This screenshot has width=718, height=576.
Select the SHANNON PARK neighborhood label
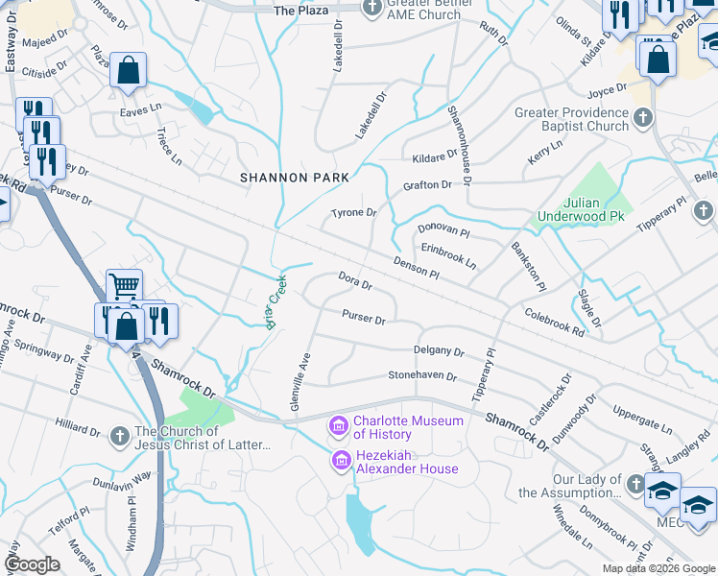point(295,178)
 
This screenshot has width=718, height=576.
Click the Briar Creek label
point(276,303)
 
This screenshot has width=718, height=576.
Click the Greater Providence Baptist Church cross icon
point(643,118)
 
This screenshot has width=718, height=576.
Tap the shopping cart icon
point(124,285)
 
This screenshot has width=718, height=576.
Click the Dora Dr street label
point(355,281)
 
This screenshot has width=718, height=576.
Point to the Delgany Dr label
point(439,351)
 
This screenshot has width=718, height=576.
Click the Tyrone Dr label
point(353,212)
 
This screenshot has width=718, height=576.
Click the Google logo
point(33,564)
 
